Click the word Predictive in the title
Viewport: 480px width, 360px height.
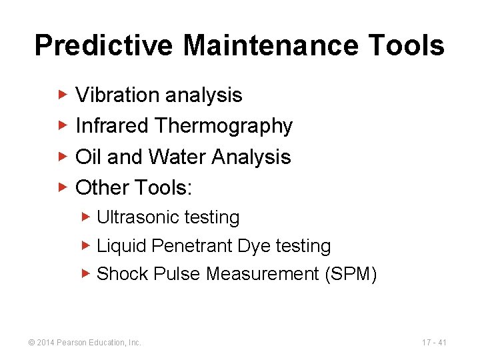pos(103,46)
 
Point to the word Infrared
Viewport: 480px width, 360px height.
pos(112,126)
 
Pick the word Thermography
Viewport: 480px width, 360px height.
pos(224,127)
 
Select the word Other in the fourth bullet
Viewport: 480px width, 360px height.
pos(102,187)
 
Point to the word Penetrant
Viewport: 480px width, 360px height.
pos(193,246)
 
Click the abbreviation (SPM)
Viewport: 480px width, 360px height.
pos(351,274)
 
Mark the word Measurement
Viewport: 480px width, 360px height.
pos(263,274)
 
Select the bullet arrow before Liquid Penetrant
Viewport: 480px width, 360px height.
pos(86,245)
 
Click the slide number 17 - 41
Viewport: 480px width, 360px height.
pos(434,342)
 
